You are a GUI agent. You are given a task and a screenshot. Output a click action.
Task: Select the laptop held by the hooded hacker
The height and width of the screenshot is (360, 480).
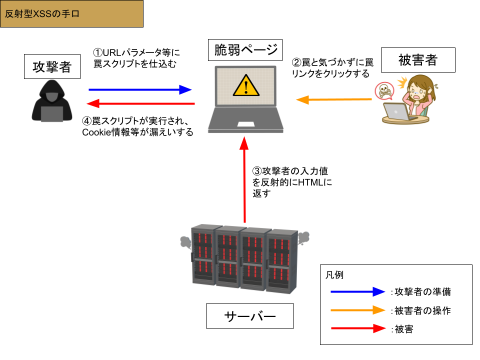pyautogui.click(x=52, y=114)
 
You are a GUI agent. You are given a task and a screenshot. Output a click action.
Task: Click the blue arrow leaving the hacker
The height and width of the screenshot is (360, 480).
pyautogui.click(x=140, y=90)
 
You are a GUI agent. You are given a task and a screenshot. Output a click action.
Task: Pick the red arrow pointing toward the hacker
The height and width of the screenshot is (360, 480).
pyautogui.click(x=140, y=103)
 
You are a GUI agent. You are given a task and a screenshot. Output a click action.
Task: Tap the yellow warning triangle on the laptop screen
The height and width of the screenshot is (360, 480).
pyautogui.click(x=246, y=85)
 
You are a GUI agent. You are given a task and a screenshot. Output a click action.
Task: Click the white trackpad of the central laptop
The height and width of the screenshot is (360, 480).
pyautogui.click(x=245, y=124)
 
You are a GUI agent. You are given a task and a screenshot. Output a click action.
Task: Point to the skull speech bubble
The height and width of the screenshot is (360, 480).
pyautogui.click(x=384, y=91)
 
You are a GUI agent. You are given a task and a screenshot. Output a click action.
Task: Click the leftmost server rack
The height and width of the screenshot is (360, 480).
pyautogui.click(x=203, y=255)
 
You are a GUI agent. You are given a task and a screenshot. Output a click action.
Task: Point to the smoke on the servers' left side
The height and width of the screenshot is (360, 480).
pyautogui.click(x=185, y=242)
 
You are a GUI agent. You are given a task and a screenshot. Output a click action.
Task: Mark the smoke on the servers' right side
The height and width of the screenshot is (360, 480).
pyautogui.click(x=303, y=238)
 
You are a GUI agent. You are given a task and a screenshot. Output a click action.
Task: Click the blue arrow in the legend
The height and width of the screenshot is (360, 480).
pyautogui.click(x=357, y=291)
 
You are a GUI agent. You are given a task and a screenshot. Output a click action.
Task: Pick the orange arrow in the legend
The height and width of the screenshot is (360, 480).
pyautogui.click(x=357, y=310)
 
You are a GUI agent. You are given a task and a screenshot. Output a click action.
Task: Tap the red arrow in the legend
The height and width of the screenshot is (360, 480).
pyautogui.click(x=357, y=328)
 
